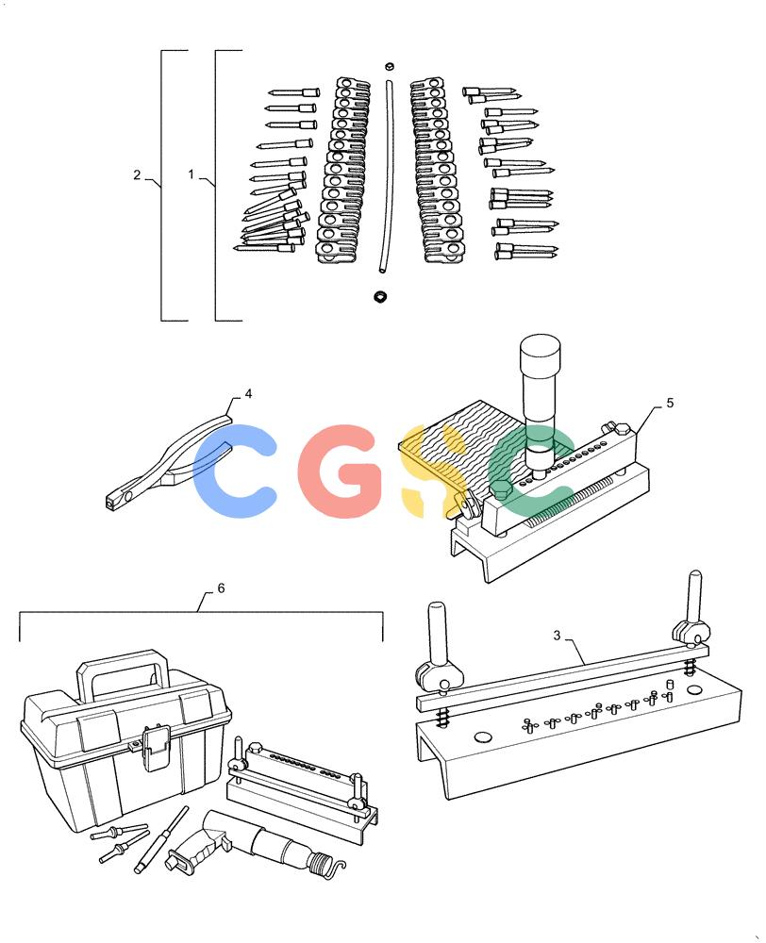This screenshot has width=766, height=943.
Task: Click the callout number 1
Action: pyautogui.click(x=191, y=174)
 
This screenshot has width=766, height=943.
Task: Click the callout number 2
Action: pyautogui.click(x=137, y=174)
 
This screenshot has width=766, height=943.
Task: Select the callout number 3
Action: pyautogui.click(x=558, y=635)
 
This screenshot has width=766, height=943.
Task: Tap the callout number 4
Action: pyautogui.click(x=248, y=394)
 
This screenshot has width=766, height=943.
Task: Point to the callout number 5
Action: pyautogui.click(x=670, y=403)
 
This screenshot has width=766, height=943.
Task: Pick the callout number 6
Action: pyautogui.click(x=221, y=588)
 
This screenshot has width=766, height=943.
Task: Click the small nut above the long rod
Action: pyautogui.click(x=390, y=66)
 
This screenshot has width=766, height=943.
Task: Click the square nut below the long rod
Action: pyautogui.click(x=379, y=296)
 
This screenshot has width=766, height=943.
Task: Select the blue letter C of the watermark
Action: pyautogui.click(x=236, y=471)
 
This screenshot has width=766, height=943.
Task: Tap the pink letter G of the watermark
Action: pyautogui.click(x=341, y=471)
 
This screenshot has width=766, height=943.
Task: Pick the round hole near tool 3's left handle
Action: pyautogui.click(x=483, y=736)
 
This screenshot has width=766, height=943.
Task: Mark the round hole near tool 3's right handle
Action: pyautogui.click(x=694, y=688)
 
